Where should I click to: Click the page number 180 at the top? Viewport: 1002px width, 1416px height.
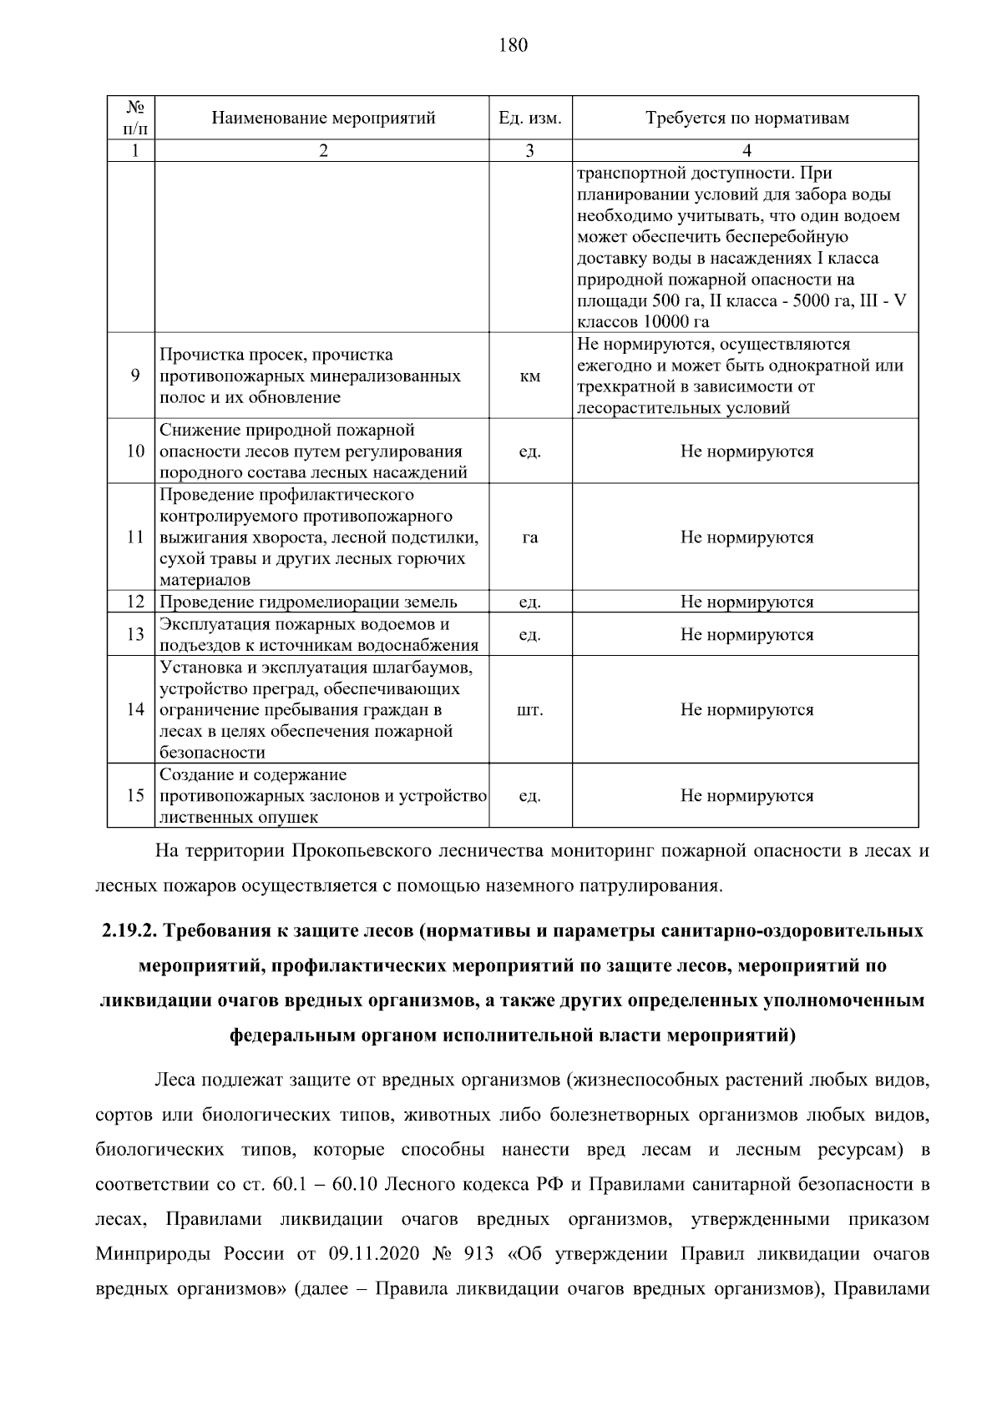point(513,45)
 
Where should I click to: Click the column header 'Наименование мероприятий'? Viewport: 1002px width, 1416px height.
point(323,118)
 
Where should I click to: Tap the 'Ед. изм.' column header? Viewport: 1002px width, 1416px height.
point(529,118)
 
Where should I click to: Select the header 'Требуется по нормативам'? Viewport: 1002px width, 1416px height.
point(746,118)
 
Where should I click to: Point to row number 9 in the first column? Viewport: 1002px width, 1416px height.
point(135,376)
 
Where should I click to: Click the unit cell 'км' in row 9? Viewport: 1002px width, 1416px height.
point(529,376)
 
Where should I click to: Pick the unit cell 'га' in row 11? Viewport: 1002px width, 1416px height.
point(529,537)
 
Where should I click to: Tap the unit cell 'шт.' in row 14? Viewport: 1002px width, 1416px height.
point(529,710)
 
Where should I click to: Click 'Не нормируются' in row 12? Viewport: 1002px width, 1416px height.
point(746,602)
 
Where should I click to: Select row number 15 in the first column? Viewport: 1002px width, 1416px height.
point(135,796)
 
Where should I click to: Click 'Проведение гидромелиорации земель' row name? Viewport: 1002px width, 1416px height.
point(308,602)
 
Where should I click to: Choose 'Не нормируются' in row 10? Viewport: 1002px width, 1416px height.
point(746,451)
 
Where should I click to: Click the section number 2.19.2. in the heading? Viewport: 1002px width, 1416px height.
point(130,931)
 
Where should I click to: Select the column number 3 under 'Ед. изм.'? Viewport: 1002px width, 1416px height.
point(529,150)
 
